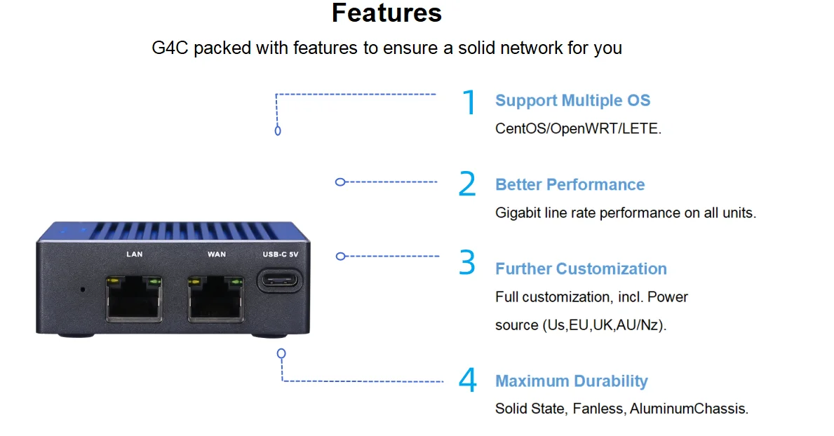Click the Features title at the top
point(386,13)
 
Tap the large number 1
point(469,102)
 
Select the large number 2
point(467,184)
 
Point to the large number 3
point(467,262)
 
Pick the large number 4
point(468,380)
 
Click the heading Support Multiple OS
point(573,100)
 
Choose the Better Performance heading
point(570,184)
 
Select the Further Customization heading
point(581,268)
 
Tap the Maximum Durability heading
point(571,381)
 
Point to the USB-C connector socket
point(280,280)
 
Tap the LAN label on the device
point(135,254)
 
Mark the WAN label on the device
point(217,254)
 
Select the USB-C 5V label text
point(281,254)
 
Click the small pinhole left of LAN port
point(83,289)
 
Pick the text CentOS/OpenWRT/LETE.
point(578,129)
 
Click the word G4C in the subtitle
point(170,48)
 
